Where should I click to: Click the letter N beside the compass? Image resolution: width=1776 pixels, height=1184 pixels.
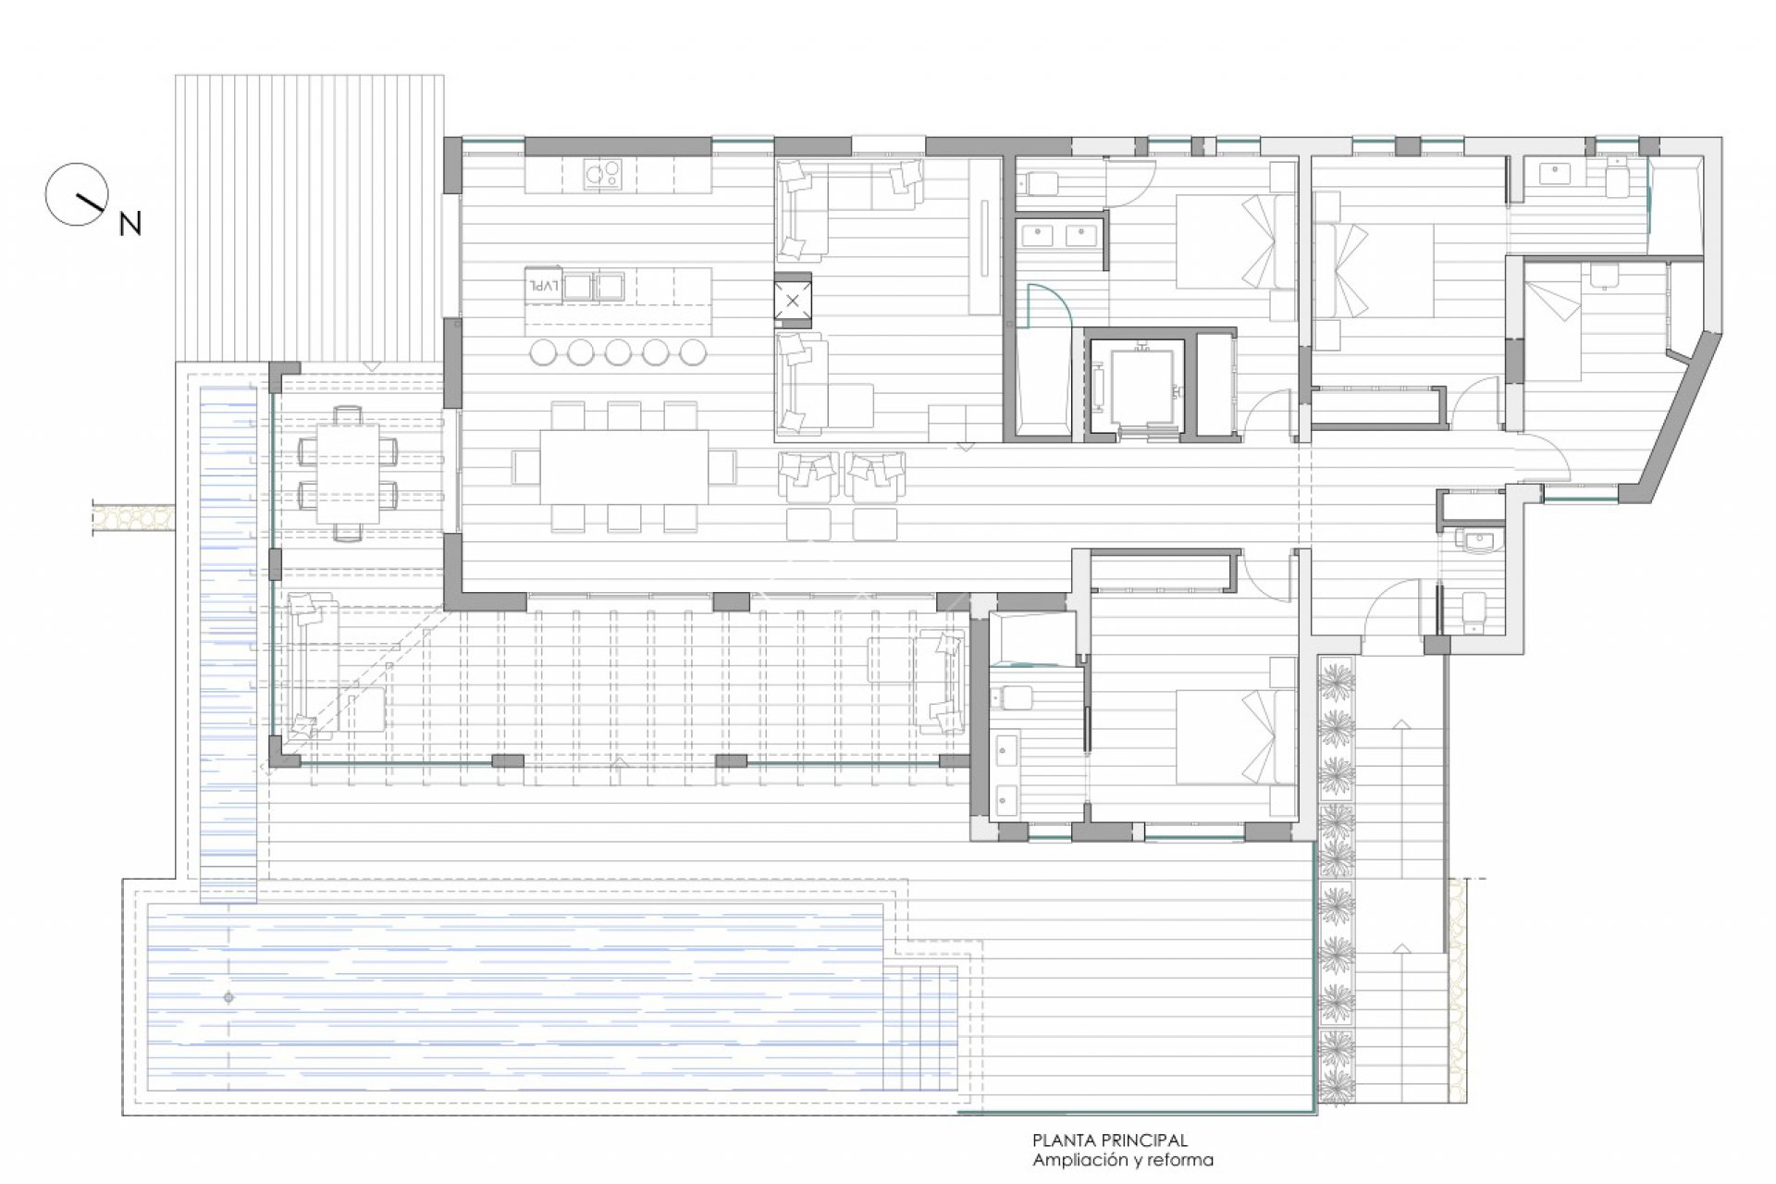(130, 223)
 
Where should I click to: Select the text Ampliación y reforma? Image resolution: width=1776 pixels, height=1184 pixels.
(1123, 1160)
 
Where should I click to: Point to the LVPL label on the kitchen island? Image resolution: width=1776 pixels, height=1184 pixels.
(543, 286)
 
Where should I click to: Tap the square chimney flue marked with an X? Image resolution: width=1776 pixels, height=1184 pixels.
(793, 300)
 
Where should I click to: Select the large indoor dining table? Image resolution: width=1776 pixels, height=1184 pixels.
(624, 467)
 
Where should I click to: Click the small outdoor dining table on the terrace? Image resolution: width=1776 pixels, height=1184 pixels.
(347, 473)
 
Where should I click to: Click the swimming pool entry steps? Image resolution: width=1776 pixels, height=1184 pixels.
(919, 1028)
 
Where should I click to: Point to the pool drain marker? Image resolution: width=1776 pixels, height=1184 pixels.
(228, 997)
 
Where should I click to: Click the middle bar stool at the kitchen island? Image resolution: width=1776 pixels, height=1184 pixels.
(618, 351)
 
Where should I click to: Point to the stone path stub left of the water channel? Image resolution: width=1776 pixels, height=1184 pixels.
(134, 518)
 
